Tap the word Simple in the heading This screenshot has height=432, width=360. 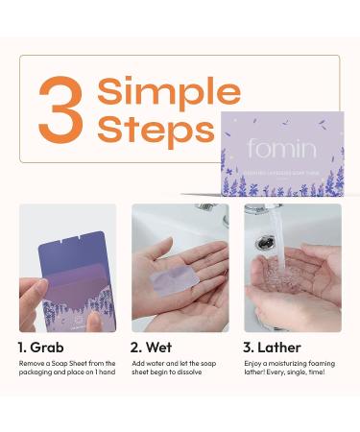coord(169,92)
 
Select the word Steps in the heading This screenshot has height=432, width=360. coord(156,129)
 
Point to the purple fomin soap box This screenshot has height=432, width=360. coord(281,154)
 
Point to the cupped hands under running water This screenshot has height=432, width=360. coord(288,288)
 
